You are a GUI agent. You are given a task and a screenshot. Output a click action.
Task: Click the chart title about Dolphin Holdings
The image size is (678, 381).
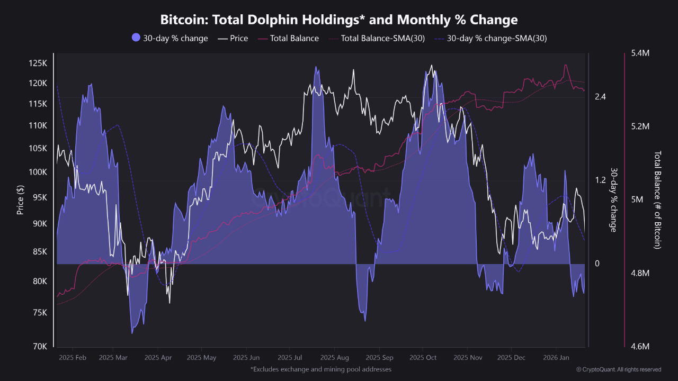pyautogui.click(x=339, y=20)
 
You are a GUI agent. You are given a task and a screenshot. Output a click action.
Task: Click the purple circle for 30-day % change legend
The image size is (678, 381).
pyautogui.click(x=136, y=38)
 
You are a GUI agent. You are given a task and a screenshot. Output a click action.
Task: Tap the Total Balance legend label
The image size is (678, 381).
pyautogui.click(x=294, y=38)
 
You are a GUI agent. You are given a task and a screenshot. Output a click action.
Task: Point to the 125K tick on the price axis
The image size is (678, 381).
pyautogui.click(x=38, y=63)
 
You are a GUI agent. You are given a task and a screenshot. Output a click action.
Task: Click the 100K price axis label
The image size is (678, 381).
pyautogui.click(x=38, y=173)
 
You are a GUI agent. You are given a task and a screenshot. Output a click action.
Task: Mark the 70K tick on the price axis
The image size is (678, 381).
pyautogui.click(x=40, y=347)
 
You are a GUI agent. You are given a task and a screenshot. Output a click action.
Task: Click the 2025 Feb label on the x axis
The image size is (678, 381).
pyautogui.click(x=74, y=358)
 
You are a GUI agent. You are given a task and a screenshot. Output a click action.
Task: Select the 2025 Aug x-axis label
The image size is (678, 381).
pyautogui.click(x=335, y=358)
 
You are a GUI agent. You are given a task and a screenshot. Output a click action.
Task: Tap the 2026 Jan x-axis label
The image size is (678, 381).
pyautogui.click(x=555, y=358)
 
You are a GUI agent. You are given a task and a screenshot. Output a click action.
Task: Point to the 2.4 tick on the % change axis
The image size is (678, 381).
pyautogui.click(x=600, y=97)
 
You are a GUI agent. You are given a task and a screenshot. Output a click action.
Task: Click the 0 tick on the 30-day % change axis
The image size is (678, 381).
pyautogui.click(x=597, y=264)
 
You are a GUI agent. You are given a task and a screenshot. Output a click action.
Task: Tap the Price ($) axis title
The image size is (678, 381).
pyautogui.click(x=20, y=199)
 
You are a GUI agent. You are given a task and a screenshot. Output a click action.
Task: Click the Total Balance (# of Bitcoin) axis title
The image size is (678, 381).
pyautogui.click(x=658, y=199)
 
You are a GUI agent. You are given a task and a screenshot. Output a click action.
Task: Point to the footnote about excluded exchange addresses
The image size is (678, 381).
pyautogui.click(x=321, y=369)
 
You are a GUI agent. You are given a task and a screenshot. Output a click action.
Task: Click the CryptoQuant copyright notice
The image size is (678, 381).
pyautogui.click(x=618, y=369)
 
